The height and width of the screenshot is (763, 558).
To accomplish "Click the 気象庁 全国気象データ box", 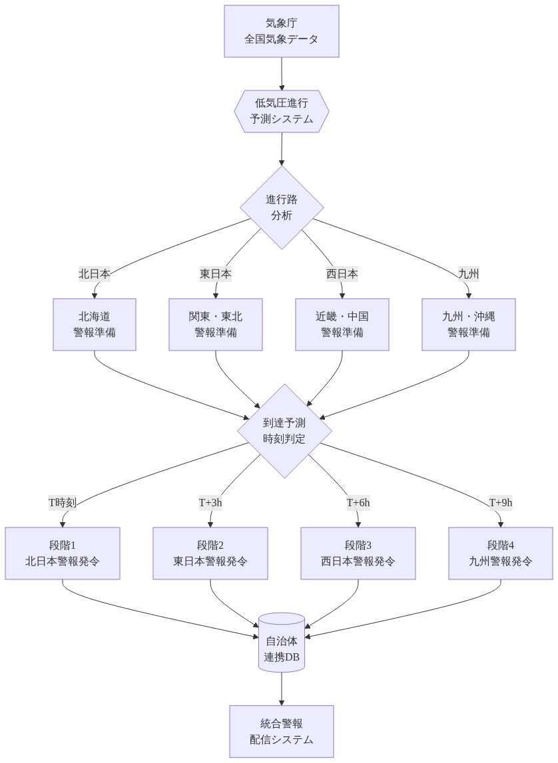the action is point(282,31).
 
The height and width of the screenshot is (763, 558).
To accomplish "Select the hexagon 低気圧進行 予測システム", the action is point(282,112).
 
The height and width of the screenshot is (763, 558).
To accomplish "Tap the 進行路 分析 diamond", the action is point(282,208).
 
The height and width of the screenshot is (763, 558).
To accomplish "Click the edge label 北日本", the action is point(95,274).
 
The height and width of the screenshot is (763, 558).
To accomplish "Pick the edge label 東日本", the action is point(216,274).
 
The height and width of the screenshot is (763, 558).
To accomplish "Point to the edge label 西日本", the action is point(342,274).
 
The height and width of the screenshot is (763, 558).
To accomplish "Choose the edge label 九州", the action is point(468,274).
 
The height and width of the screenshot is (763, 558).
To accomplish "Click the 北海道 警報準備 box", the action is point(95,325).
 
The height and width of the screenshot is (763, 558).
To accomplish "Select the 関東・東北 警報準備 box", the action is point(216,325).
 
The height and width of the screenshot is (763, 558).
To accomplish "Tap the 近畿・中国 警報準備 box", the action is point(342,325).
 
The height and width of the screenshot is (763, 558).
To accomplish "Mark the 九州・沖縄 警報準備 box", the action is point(468,325).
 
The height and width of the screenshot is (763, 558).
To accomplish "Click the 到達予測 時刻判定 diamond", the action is point(284,430).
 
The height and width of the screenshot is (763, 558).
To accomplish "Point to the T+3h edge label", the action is point(210,503).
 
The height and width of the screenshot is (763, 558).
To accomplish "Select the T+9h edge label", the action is point(501,503).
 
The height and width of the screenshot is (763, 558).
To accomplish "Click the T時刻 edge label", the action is point(63,503).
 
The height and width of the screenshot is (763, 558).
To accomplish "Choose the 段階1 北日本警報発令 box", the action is point(63,553).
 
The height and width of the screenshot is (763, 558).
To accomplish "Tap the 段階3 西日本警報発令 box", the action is point(358,553).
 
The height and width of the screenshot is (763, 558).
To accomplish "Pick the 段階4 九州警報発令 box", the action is point(501,553).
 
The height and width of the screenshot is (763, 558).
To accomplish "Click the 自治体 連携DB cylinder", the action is point(282,643).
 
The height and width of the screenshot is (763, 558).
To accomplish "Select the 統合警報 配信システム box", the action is point(282,731).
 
